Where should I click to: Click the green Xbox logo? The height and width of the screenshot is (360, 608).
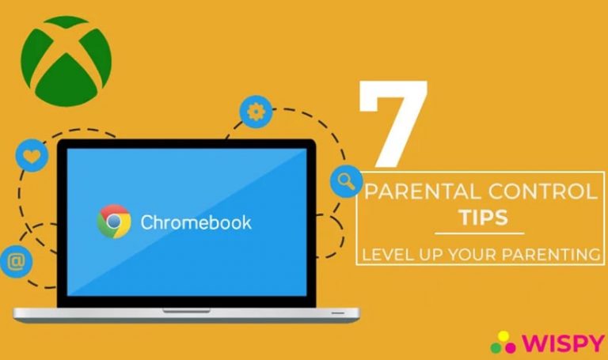66,61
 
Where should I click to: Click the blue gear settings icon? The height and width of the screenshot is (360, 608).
256,112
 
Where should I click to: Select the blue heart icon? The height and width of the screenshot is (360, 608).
32,155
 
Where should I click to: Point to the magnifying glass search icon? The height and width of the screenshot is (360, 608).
346,181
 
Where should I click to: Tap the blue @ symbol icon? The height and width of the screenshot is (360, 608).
16,262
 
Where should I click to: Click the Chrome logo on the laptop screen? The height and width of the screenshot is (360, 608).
114,222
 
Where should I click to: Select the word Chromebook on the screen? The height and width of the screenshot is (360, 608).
196,222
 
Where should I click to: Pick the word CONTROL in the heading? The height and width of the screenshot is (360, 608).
543,191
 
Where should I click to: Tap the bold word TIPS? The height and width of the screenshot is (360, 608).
483,218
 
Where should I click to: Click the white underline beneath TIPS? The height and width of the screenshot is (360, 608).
479,233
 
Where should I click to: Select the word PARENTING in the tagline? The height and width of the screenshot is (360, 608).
551,255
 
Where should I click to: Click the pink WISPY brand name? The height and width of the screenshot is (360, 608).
563,343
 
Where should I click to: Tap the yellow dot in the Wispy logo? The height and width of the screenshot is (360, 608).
503,336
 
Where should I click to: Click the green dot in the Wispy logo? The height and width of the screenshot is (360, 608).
496,347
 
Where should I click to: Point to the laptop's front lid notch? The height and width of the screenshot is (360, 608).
187,311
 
